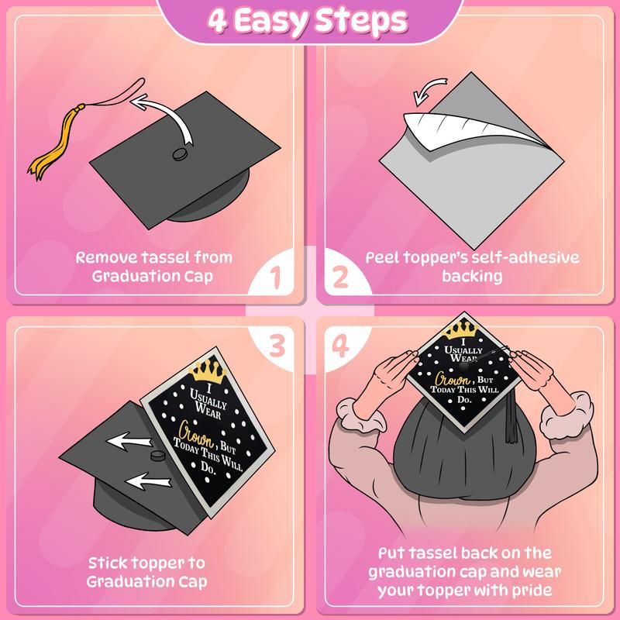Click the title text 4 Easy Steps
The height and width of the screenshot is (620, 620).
(310, 19)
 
